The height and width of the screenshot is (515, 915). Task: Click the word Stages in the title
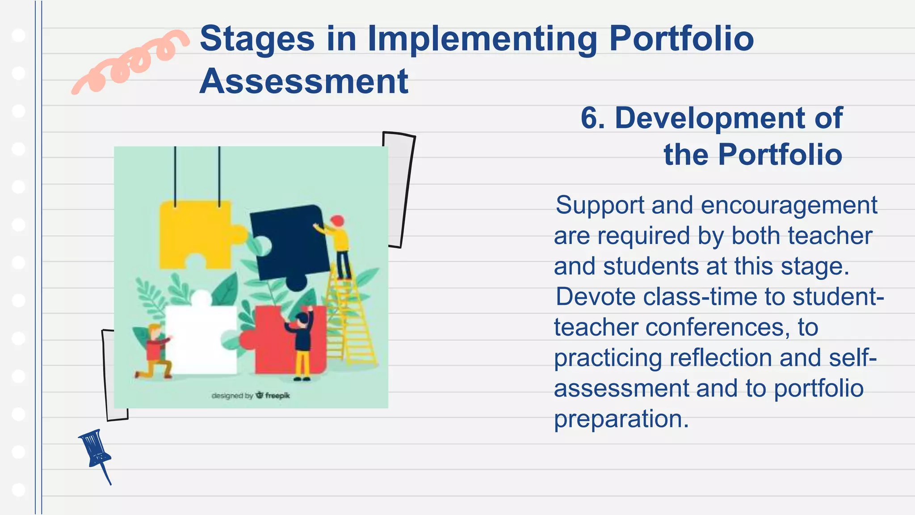[x=257, y=39]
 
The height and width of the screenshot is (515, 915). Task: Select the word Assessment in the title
[x=303, y=81]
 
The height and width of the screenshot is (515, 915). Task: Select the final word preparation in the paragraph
[x=621, y=419]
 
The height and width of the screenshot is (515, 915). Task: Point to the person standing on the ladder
[x=340, y=246]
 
